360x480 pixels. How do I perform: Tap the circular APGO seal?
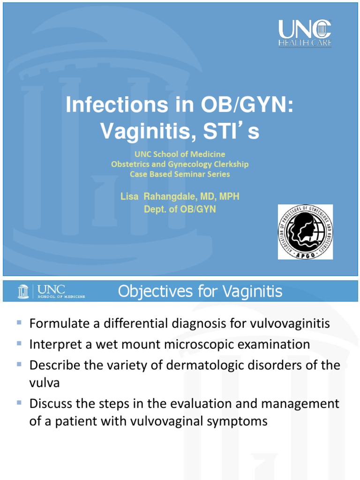click(x=305, y=232)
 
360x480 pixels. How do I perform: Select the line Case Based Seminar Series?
click(x=180, y=174)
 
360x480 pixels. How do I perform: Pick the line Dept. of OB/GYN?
click(x=180, y=210)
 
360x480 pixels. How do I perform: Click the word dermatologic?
click(x=185, y=366)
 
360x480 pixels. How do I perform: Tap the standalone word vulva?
click(x=44, y=382)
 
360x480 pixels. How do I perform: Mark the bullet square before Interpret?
click(x=19, y=344)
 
